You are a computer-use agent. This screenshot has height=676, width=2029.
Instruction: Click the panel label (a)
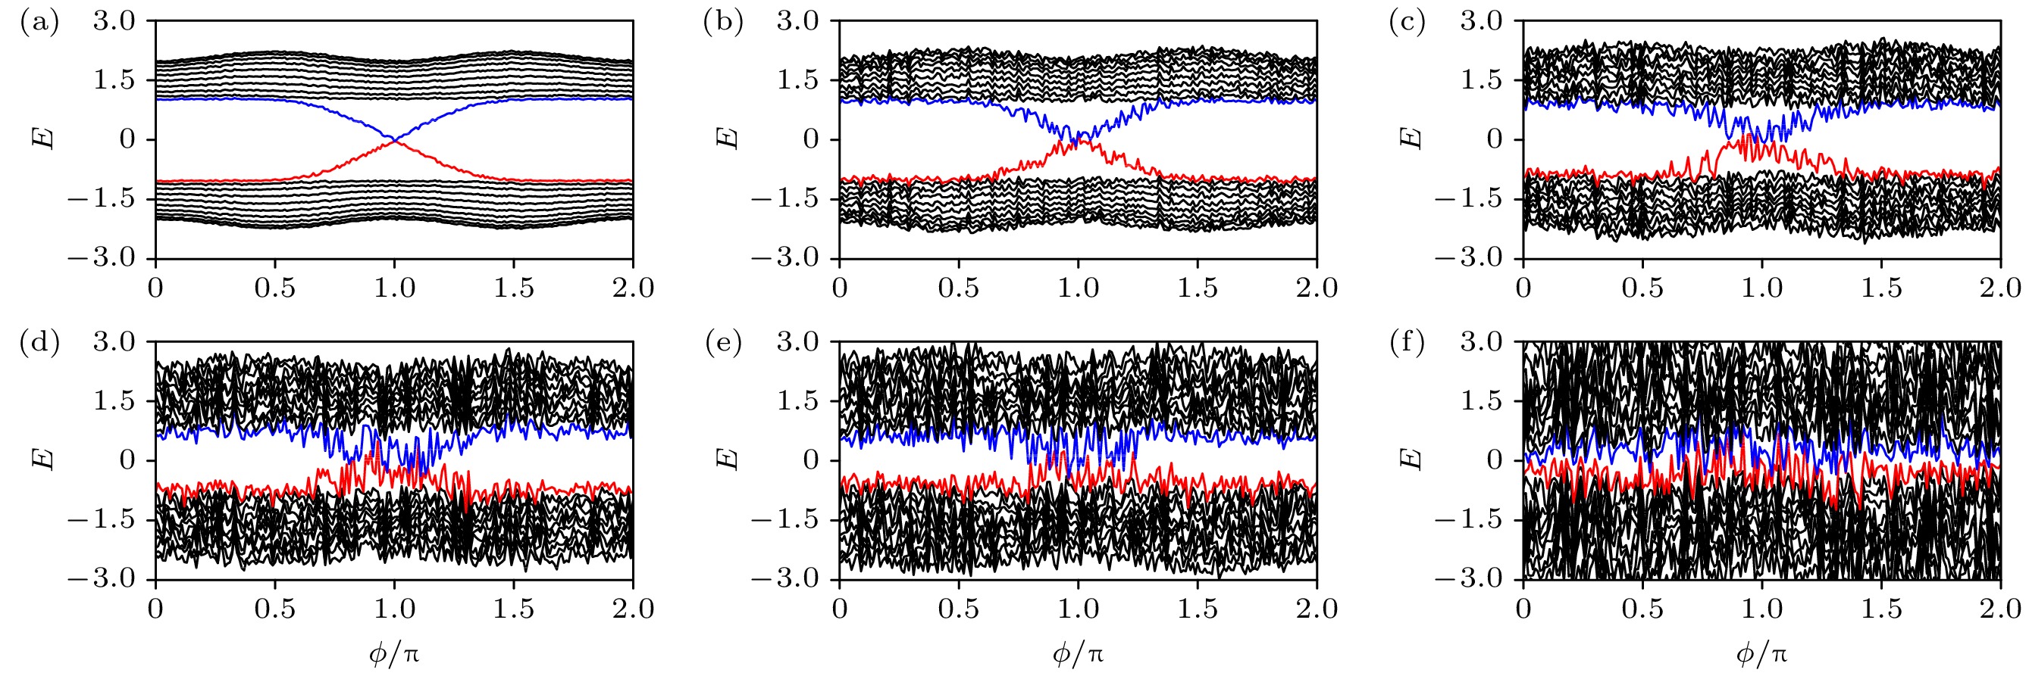(x=39, y=23)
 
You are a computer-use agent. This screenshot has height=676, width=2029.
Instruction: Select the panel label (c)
(x=1407, y=23)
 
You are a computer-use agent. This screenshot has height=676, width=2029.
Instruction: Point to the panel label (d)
(x=39, y=344)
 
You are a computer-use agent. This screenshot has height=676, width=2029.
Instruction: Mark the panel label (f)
(x=1407, y=344)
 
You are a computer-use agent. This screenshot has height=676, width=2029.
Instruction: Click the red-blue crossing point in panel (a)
(x=394, y=139)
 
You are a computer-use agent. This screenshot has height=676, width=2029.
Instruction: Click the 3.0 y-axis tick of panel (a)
(x=114, y=21)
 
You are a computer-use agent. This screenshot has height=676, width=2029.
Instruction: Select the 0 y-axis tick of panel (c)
(x=1494, y=139)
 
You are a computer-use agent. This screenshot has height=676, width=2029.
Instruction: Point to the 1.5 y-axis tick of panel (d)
(x=114, y=401)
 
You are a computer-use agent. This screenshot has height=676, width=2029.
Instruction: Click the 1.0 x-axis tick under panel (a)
(x=394, y=288)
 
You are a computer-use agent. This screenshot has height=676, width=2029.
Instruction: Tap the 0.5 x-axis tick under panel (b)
(x=959, y=288)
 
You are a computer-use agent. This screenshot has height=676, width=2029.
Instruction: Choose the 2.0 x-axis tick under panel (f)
(x=2000, y=609)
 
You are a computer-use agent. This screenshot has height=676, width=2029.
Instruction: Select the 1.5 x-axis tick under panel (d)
(x=514, y=609)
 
